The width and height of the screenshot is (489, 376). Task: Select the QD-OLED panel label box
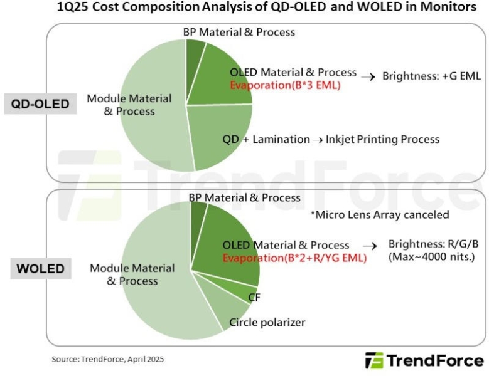tap(40, 103)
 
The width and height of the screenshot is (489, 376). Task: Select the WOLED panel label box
tap(41, 269)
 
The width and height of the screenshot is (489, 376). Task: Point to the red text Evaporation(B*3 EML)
tap(285, 85)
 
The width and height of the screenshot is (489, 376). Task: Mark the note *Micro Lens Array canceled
tap(380, 214)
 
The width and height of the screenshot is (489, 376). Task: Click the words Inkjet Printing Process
tap(383, 139)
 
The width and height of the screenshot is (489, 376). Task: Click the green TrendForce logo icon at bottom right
tap(375, 360)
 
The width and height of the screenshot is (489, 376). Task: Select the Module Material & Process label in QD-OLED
tap(121, 105)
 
